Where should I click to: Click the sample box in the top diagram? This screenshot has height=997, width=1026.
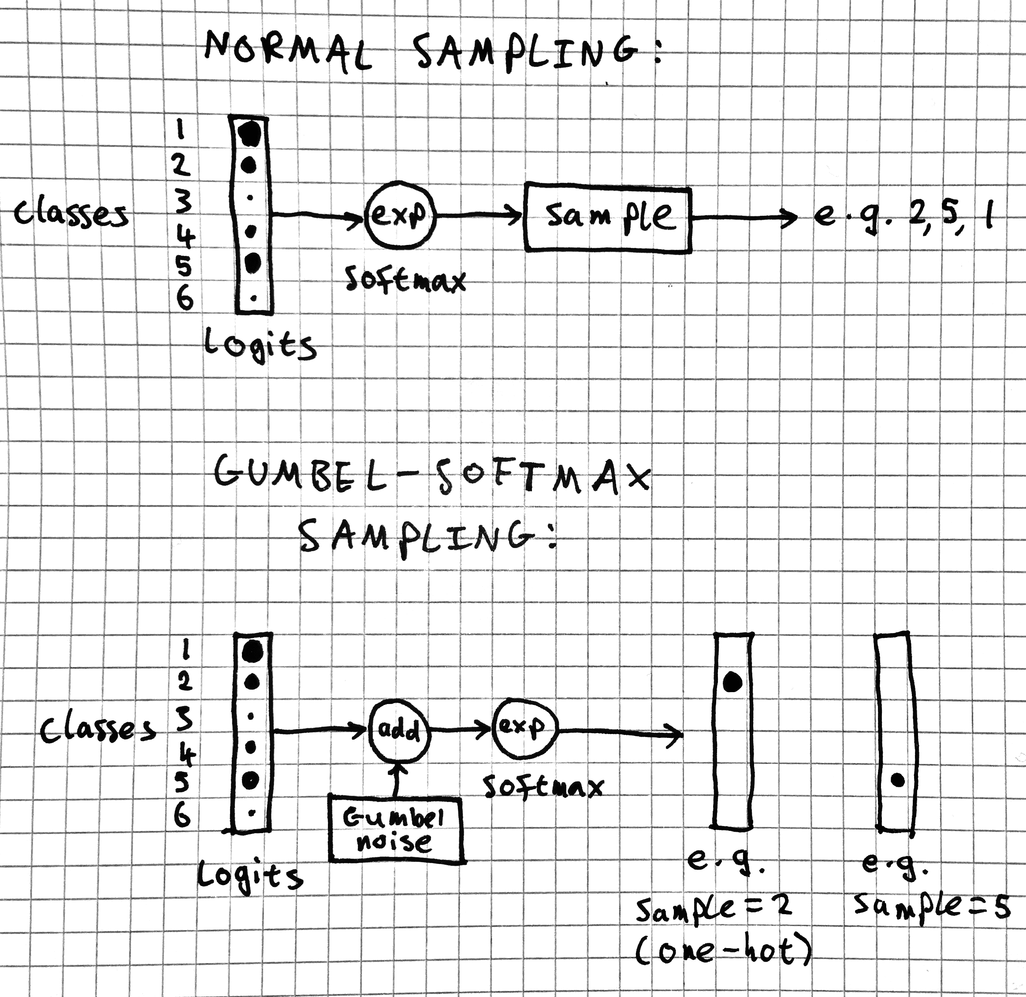pyautogui.click(x=607, y=217)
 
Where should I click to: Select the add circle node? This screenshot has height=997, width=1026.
pyautogui.click(x=399, y=730)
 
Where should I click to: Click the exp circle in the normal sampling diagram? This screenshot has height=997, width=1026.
pyautogui.click(x=401, y=215)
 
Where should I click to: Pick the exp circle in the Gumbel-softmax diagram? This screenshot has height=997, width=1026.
pyautogui.click(x=525, y=728)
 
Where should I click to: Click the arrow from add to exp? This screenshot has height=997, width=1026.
pyautogui.click(x=461, y=729)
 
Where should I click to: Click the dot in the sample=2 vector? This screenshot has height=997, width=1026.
pyautogui.click(x=732, y=681)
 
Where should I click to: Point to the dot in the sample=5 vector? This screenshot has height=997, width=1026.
pyautogui.click(x=898, y=780)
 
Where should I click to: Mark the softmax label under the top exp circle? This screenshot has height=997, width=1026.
pyautogui.click(x=405, y=280)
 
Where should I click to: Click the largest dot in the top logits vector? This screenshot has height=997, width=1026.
pyautogui.click(x=250, y=133)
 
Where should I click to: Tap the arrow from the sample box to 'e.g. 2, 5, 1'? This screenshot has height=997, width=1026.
pyautogui.click(x=743, y=217)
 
